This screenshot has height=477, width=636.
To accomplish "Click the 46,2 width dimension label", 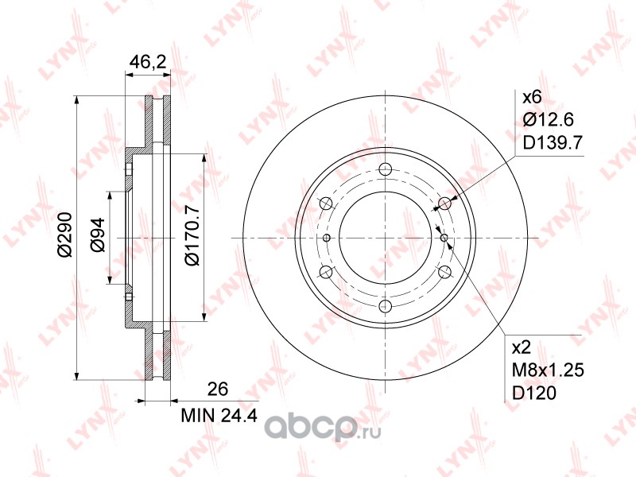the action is pos(148,62).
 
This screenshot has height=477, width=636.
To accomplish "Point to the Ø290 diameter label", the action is pos(64,235).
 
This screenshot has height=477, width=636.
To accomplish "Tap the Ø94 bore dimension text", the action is pos(97,235).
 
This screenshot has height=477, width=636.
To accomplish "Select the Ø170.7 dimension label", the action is pos(192,235).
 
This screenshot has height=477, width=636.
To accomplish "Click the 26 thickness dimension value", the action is pos(218,389).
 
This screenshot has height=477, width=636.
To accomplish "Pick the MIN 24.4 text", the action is pos(219,415).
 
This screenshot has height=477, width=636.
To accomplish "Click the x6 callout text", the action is pos(532,97).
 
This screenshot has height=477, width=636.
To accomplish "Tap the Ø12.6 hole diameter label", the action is pos(548,120).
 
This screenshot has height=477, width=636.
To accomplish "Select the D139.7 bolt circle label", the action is pos(553,142).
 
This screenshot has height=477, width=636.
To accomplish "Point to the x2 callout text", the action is pos(522,347).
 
